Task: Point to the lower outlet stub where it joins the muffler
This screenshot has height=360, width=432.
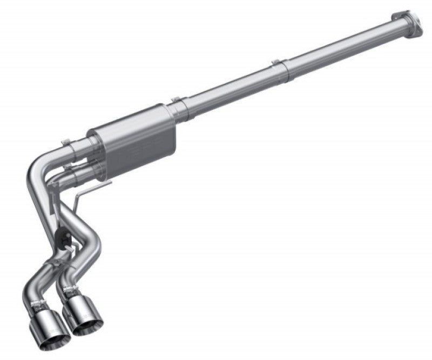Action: (x=84, y=165)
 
